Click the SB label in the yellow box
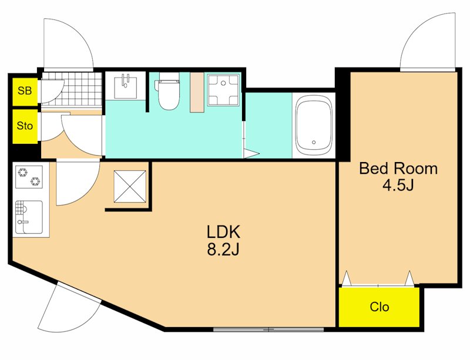pos(25,90)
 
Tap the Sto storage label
pos(25,126)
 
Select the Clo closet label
pos(379,307)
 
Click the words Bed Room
pos(398,169)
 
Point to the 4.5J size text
pos(398,186)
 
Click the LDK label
pos(223,232)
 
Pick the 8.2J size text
pos(223,249)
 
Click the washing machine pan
pos(224,90)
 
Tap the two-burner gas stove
pos(29,177)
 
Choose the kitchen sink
pos(29,217)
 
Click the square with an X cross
pos(130,186)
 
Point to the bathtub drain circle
pos(314,142)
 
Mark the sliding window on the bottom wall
pos(268,329)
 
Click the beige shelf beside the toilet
pos(197,92)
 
